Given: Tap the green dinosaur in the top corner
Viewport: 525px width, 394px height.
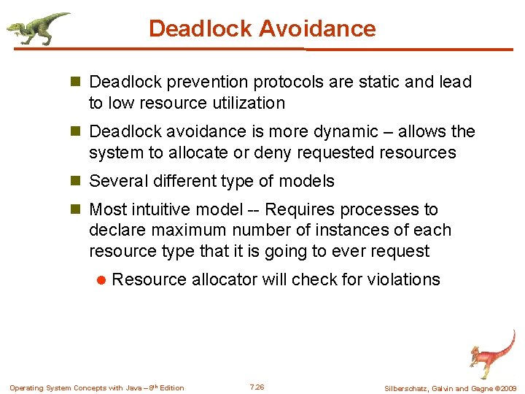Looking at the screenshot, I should pos(38,28).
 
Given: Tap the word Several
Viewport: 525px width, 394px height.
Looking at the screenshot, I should pos(117,181).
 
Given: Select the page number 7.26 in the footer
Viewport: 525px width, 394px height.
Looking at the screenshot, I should pos(257,387).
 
